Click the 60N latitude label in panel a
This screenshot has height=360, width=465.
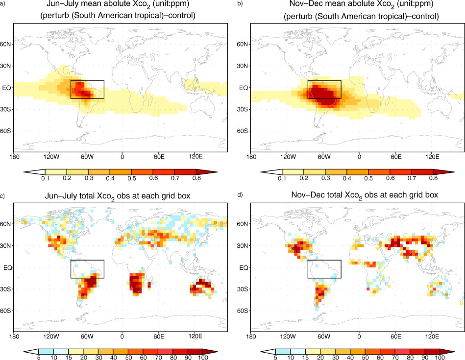(5, 44)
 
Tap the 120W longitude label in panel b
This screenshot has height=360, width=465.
(288, 156)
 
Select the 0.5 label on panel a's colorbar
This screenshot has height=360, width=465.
(132, 178)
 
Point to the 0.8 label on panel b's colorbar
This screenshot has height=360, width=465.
(433, 178)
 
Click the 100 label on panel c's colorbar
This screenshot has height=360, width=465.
(203, 357)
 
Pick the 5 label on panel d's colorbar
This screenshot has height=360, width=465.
(275, 357)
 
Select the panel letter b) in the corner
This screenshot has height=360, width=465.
(240, 3)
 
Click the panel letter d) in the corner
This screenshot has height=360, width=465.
(240, 195)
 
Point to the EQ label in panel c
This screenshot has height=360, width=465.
(8, 268)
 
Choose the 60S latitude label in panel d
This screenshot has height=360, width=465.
(242, 311)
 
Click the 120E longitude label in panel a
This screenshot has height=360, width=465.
(196, 156)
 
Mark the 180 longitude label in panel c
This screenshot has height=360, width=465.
(14, 336)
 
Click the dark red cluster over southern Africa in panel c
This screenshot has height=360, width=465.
(136, 283)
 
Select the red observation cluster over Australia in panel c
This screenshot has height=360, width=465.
(202, 286)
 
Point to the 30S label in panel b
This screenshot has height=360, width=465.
(242, 109)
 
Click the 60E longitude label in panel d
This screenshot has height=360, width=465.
(396, 336)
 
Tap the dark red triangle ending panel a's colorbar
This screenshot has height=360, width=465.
(206, 172)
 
